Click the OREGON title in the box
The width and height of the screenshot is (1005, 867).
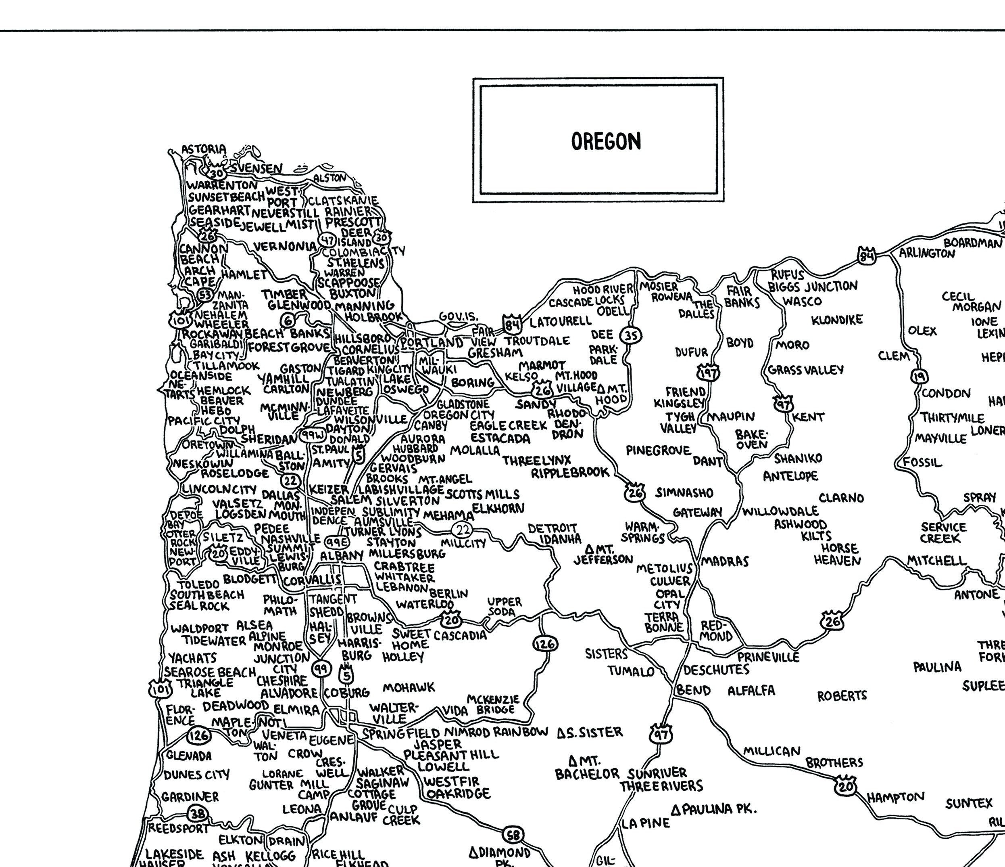606,141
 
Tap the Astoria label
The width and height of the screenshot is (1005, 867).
203,149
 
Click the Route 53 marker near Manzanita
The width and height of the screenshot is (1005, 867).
206,295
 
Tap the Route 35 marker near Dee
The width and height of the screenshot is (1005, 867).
632,335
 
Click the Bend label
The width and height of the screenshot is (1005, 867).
694,690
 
